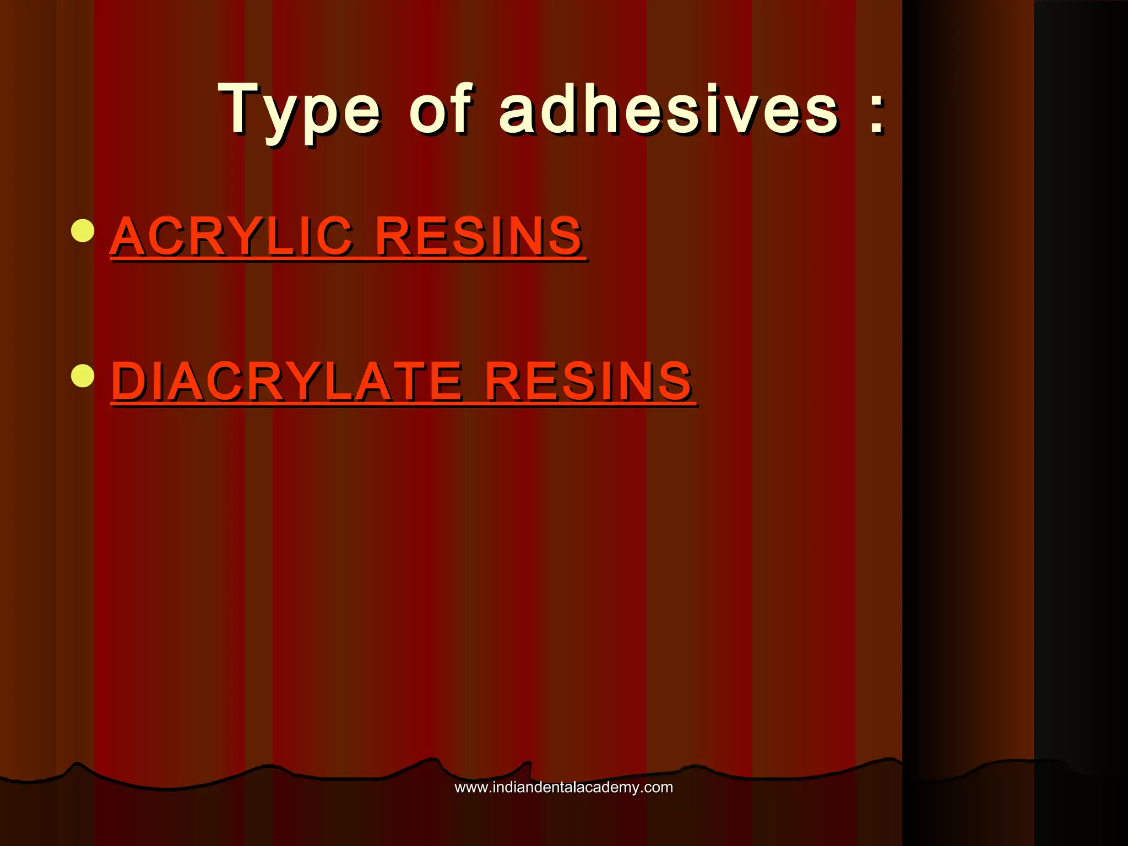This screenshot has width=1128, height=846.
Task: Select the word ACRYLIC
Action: (x=231, y=236)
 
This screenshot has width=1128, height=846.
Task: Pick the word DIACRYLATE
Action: (x=286, y=381)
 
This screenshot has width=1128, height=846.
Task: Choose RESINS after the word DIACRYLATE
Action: (x=588, y=381)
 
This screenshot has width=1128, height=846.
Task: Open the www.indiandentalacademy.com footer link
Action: (x=563, y=787)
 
